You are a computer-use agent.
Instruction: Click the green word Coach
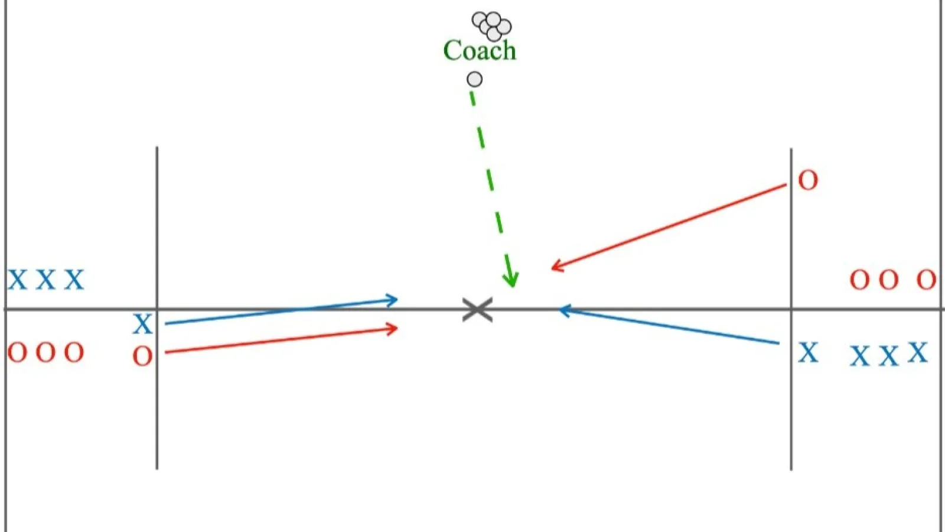click(x=480, y=51)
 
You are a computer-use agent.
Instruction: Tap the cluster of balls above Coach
click(x=491, y=26)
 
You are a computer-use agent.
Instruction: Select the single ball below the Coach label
click(x=475, y=79)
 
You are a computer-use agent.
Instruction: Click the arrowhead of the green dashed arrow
click(x=511, y=279)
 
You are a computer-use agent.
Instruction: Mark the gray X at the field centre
click(x=478, y=310)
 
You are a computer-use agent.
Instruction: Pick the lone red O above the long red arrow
click(x=808, y=181)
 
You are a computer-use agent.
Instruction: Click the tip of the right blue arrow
click(x=559, y=311)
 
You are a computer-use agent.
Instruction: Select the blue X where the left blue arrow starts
click(x=142, y=324)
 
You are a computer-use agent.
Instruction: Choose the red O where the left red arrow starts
click(x=142, y=356)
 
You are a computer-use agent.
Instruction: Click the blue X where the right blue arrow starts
click(x=808, y=352)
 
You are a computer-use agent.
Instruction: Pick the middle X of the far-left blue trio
click(x=45, y=280)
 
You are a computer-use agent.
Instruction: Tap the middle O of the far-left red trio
click(x=45, y=352)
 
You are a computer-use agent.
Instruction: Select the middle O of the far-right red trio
click(x=888, y=280)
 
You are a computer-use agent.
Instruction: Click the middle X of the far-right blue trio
click(x=888, y=356)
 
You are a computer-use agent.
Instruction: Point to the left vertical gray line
click(x=157, y=308)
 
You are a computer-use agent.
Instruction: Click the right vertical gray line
click(x=791, y=310)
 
